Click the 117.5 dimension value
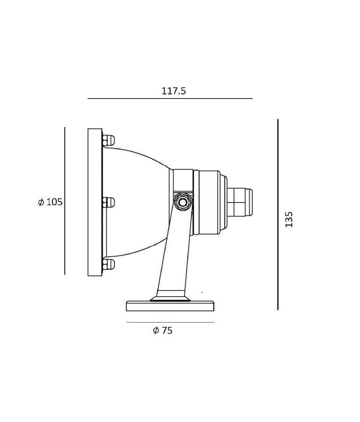pyautogui.click(x=173, y=91)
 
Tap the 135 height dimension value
pyautogui.click(x=289, y=219)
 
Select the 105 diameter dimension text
pyautogui.click(x=54, y=202)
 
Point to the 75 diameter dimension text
pyautogui.click(x=167, y=330)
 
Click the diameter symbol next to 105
pyautogui.click(x=41, y=202)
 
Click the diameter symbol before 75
pyautogui.click(x=156, y=330)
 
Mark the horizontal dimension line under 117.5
pyautogui.click(x=170, y=98)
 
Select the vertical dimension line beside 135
pyautogui.click(x=277, y=214)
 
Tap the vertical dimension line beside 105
pyautogui.click(x=65, y=201)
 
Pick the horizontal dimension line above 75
pyautogui.click(x=170, y=322)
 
